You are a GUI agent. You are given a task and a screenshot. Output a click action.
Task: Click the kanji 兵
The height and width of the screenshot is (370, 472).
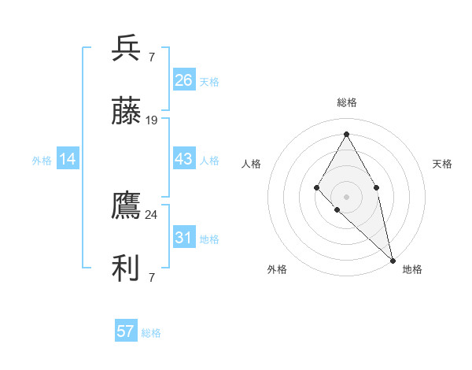coord(126,49)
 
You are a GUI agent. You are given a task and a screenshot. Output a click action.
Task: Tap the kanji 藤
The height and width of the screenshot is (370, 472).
coord(126,112)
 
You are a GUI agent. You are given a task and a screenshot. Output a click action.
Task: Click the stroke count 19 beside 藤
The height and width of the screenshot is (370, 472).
coord(152,120)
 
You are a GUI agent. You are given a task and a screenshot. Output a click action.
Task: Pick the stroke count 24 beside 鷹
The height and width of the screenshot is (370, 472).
coord(152,214)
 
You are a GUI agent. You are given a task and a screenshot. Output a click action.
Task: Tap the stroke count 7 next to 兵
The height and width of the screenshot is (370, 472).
coord(152,57)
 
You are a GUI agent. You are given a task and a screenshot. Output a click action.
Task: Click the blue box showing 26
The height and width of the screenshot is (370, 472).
coord(183,80)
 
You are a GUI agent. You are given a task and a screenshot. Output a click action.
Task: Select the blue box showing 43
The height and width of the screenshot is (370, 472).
coord(183,159)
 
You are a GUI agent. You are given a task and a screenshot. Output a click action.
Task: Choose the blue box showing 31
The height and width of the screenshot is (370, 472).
coord(183,238)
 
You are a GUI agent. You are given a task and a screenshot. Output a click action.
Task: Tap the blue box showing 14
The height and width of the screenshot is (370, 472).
coord(68,159)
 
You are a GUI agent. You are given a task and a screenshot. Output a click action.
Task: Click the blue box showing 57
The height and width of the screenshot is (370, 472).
coord(125,331)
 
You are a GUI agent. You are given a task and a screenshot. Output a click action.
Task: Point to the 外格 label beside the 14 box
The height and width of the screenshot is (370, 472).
coord(42,161)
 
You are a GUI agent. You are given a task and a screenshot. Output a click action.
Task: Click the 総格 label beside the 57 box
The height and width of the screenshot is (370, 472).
coord(151,333)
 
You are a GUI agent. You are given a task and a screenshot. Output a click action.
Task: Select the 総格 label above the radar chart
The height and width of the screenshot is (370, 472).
coord(346,102)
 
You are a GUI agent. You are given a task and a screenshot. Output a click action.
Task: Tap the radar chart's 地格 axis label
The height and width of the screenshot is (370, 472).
coord(412,269)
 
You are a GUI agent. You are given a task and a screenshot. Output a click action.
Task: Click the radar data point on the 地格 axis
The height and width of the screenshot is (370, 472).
coord(393,260)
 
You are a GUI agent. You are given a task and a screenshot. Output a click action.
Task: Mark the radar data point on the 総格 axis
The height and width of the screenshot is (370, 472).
coord(346,134)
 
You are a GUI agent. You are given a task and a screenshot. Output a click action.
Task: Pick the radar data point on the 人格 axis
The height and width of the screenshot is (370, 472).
coord(316,187)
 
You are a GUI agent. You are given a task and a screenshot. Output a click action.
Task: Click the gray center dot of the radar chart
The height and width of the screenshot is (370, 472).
coord(346,196)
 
